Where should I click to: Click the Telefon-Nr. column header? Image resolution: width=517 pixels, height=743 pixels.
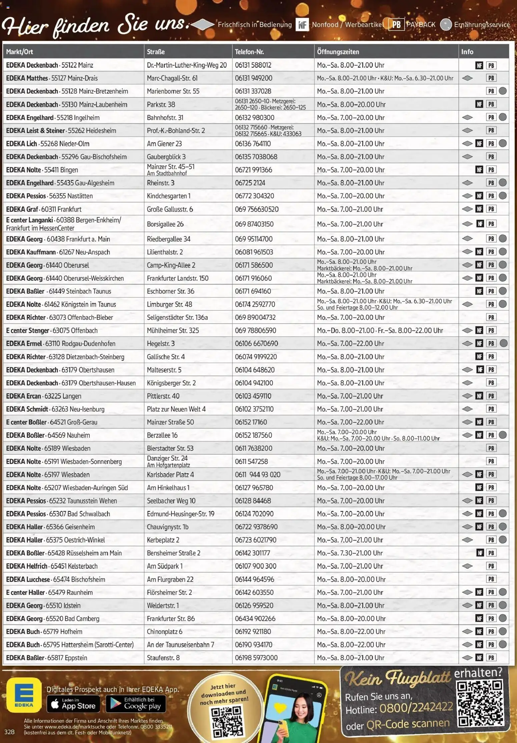tap(249, 52)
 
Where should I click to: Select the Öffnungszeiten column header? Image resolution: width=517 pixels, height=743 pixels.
tap(338, 52)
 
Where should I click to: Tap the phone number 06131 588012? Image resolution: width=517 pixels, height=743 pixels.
tap(253, 65)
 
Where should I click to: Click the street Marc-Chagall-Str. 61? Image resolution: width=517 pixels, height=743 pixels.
tap(172, 78)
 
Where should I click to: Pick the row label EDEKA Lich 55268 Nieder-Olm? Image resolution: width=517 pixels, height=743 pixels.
tap(48, 144)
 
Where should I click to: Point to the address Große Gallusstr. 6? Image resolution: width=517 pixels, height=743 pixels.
tap(170, 209)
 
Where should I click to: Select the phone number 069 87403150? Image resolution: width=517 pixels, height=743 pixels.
tap(254, 224)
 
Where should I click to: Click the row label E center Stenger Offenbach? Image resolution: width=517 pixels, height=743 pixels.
tap(52, 330)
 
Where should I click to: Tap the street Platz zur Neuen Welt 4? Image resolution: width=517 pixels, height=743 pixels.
tap(176, 409)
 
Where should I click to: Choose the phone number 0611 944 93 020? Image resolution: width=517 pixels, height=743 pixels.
tap(257, 474)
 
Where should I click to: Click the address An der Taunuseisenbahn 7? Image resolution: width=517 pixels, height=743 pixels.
tap(180, 644)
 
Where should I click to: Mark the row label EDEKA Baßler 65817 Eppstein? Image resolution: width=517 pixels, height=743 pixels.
tap(46, 657)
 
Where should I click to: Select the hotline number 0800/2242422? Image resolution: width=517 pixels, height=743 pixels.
tap(416, 707)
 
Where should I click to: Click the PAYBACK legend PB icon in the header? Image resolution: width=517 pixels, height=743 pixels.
tap(396, 25)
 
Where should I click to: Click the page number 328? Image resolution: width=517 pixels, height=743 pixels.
tap(9, 732)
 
